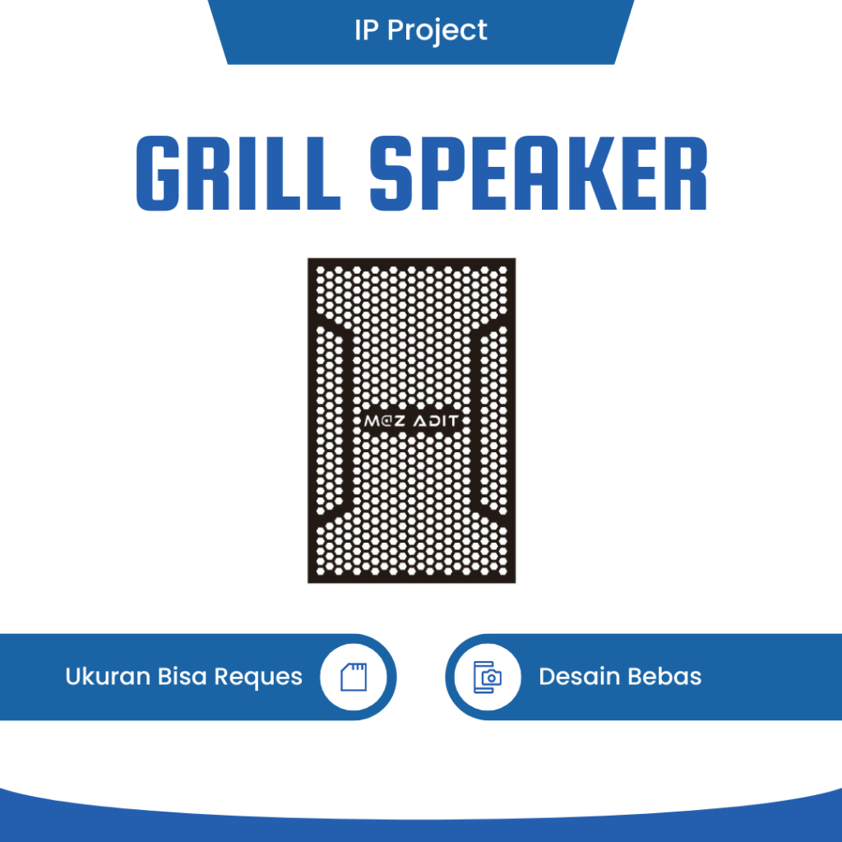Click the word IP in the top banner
[367, 30]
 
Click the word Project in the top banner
[437, 31]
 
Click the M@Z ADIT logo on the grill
[412, 421]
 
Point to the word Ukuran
[107, 677]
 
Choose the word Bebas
[665, 677]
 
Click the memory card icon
[354, 677]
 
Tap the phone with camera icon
[488, 677]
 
